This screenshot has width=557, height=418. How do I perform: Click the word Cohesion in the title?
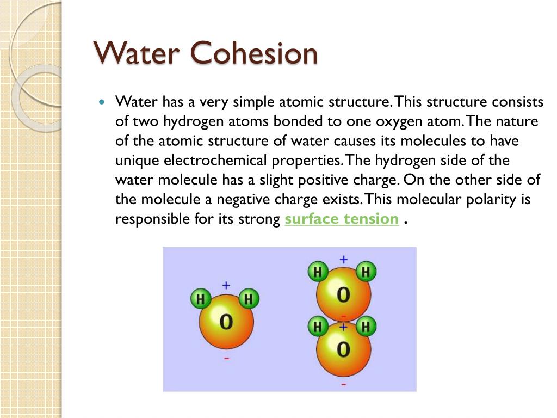(253, 53)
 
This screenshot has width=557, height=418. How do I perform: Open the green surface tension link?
(342, 219)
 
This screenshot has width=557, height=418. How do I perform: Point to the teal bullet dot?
(102, 102)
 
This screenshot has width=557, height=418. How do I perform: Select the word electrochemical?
(215, 161)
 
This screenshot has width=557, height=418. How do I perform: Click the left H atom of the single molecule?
(201, 299)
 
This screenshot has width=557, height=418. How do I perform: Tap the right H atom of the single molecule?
(248, 299)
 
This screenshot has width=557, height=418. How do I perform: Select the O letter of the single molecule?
(226, 322)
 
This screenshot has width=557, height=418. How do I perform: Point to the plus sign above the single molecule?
(226, 285)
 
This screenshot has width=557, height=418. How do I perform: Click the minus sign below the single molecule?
(227, 358)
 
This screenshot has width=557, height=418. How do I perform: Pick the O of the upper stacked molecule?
(343, 294)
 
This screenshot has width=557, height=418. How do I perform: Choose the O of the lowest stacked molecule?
(343, 349)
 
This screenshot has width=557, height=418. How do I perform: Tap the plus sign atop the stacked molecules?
(344, 260)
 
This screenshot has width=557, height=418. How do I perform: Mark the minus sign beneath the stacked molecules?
(344, 384)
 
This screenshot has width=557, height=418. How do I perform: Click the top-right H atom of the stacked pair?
(366, 272)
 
